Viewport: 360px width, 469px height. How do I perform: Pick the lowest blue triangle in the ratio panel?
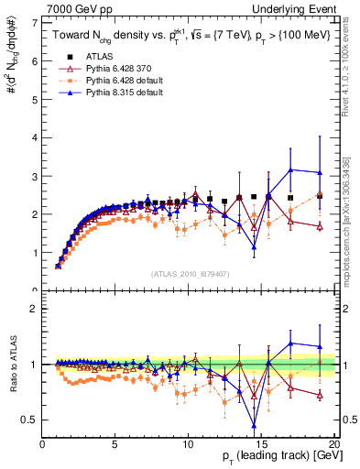tap(254, 424)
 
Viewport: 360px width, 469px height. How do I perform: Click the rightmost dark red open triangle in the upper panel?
tap(319, 227)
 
